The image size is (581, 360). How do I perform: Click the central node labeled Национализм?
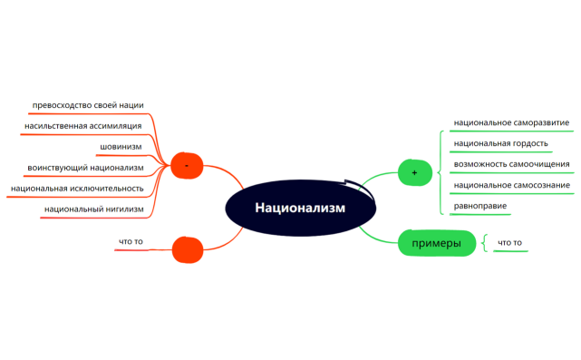(287, 208)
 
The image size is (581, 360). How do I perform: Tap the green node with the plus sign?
(414, 171)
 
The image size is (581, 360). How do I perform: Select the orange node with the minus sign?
(187, 165)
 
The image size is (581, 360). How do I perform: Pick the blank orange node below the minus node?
(188, 248)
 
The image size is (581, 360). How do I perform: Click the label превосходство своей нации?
(88, 105)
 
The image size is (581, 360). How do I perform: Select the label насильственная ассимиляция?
(83, 125)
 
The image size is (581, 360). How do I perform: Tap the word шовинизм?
(121, 146)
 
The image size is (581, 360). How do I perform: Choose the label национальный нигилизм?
(92, 209)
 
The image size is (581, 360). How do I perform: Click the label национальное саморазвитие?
(511, 122)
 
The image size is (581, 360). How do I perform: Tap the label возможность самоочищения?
(511, 164)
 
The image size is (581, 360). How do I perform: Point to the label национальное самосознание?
(511, 186)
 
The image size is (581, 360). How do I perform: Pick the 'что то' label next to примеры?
(510, 243)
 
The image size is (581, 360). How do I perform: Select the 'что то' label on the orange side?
(131, 241)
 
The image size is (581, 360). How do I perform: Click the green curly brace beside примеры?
(485, 243)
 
